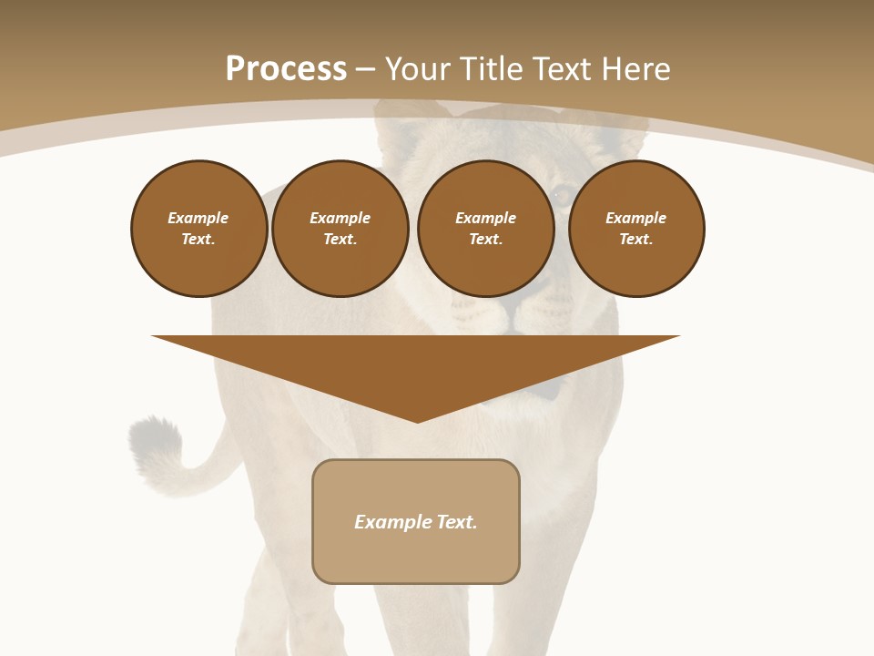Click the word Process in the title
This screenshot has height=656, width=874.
pos(286,69)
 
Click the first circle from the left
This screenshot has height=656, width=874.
pos(198,229)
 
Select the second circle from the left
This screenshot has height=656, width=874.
pos(340,229)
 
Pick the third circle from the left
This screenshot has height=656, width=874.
pos(485,229)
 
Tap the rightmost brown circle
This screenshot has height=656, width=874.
pos(635,229)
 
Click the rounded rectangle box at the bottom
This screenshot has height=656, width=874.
pos(416,521)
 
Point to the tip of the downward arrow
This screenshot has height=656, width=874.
pos(417,421)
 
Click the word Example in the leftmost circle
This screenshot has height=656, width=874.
pos(198,218)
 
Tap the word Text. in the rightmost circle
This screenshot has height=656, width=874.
pos(635,240)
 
